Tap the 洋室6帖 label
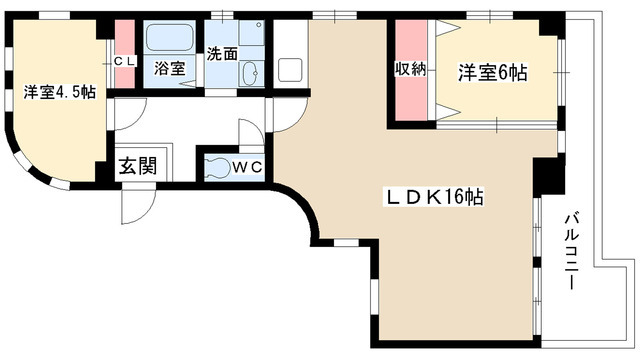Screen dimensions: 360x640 (x=493, y=72)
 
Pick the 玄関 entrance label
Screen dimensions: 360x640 (x=138, y=166)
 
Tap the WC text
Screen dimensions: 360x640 (x=248, y=167)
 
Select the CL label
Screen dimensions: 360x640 (x=124, y=62)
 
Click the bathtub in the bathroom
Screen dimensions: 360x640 (x=171, y=40)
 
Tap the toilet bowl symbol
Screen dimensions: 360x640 (x=214, y=166)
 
